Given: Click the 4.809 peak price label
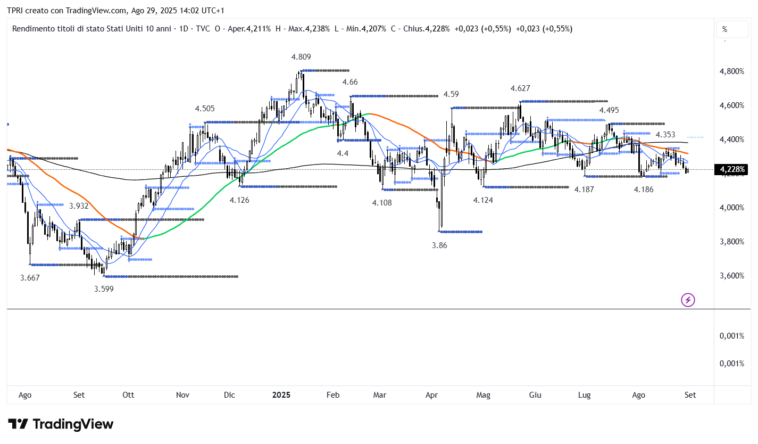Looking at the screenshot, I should (301, 56).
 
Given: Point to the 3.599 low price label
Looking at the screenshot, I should (104, 289).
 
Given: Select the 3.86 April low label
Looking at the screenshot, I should (439, 245).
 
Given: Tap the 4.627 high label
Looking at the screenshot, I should (520, 88).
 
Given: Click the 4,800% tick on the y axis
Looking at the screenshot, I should (732, 71).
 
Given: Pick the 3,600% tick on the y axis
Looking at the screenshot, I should (732, 276).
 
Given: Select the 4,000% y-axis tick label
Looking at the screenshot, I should (732, 208).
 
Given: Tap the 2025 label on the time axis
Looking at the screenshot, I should (281, 395).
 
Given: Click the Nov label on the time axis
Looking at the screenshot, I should (182, 395).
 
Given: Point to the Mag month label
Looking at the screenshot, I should (483, 395).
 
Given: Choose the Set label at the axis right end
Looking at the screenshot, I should (690, 395).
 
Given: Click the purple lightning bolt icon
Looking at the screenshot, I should (688, 300).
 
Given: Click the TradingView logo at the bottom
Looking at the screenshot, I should (61, 424).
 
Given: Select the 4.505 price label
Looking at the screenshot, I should (205, 109).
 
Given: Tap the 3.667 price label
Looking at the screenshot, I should (30, 277).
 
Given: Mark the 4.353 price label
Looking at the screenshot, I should (665, 135).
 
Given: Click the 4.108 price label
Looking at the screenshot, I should (382, 202).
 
